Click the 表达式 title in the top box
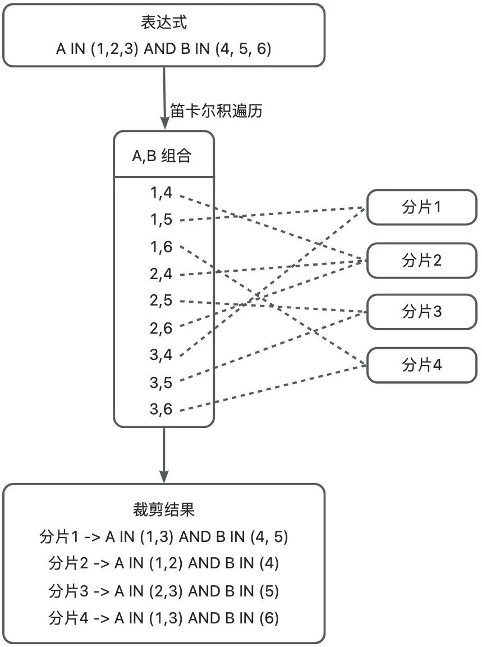(x=164, y=23)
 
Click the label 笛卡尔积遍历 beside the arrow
(x=215, y=111)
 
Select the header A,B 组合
(x=162, y=156)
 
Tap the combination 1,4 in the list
(x=161, y=193)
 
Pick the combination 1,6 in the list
(x=161, y=247)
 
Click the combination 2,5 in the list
(x=161, y=300)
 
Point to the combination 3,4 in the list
(x=161, y=355)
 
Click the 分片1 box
(x=422, y=208)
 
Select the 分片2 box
(x=422, y=261)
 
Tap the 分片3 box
(x=422, y=312)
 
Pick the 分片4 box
(x=422, y=366)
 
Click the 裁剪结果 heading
(x=164, y=510)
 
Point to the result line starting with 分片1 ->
(x=164, y=537)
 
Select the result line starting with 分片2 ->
(x=164, y=564)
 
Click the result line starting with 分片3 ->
(x=164, y=591)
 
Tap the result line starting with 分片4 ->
(x=164, y=618)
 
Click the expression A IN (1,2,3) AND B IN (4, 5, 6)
(x=164, y=49)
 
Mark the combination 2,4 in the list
(x=161, y=274)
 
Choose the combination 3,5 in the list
(x=161, y=383)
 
